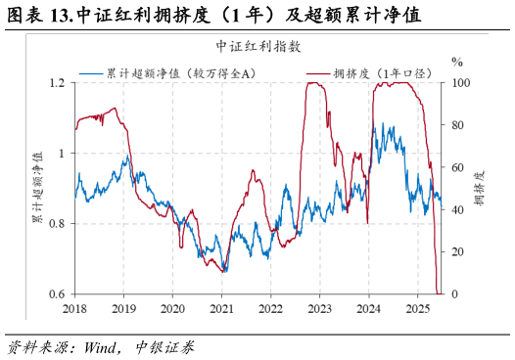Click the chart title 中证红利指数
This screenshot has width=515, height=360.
(258, 46)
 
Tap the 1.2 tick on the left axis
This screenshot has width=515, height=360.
(57, 83)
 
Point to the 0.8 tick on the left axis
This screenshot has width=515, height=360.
(57, 224)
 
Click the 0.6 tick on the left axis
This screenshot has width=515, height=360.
(57, 294)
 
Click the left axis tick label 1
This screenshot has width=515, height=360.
(62, 154)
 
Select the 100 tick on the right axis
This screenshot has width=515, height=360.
(458, 83)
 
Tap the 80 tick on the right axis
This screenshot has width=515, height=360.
(455, 125)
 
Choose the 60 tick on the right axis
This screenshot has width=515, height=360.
(455, 167)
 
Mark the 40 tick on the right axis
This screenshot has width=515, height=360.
(455, 210)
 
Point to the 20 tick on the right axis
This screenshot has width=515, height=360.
(455, 252)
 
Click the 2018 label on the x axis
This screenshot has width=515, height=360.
(75, 309)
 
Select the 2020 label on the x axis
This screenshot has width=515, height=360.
(172, 309)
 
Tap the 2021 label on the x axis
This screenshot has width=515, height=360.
(221, 309)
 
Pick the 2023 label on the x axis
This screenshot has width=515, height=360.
(319, 309)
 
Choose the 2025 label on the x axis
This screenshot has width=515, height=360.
(416, 309)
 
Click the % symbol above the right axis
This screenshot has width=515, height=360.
(456, 61)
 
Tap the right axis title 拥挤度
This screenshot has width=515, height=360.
(479, 189)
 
